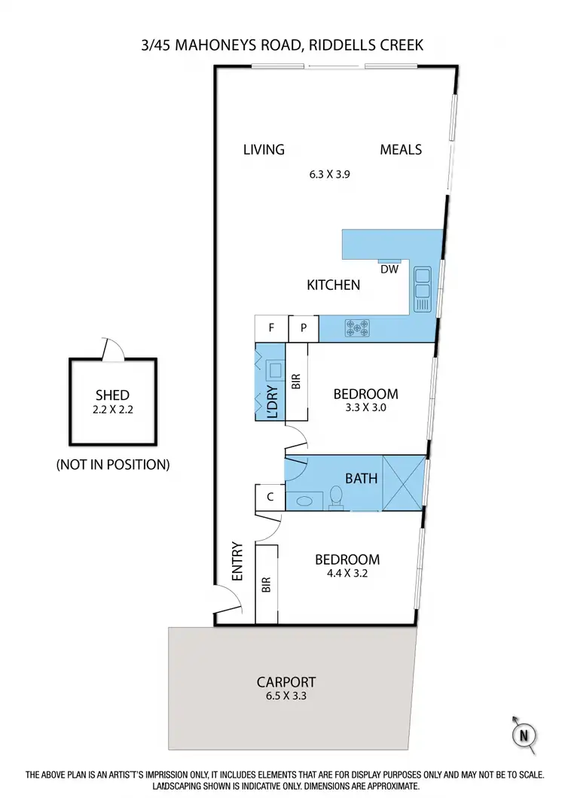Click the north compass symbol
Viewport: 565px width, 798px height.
pyautogui.click(x=524, y=733)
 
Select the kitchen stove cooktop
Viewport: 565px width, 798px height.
pyautogui.click(x=357, y=327)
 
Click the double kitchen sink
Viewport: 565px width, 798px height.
pyautogui.click(x=422, y=288)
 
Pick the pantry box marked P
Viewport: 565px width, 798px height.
pyautogui.click(x=304, y=328)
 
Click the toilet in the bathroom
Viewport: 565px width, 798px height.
pyautogui.click(x=337, y=497)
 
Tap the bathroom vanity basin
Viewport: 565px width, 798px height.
pyautogui.click(x=305, y=499)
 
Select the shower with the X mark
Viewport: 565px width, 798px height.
pyautogui.click(x=403, y=482)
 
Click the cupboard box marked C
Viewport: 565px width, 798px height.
pyautogui.click(x=270, y=497)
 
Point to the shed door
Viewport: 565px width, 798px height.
pyautogui.click(x=111, y=349)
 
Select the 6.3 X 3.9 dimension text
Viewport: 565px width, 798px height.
pyautogui.click(x=330, y=173)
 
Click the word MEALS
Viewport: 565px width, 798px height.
pyautogui.click(x=401, y=149)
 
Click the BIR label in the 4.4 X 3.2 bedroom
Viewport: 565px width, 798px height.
pyautogui.click(x=266, y=585)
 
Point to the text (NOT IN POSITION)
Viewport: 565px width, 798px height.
pyautogui.click(x=113, y=464)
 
